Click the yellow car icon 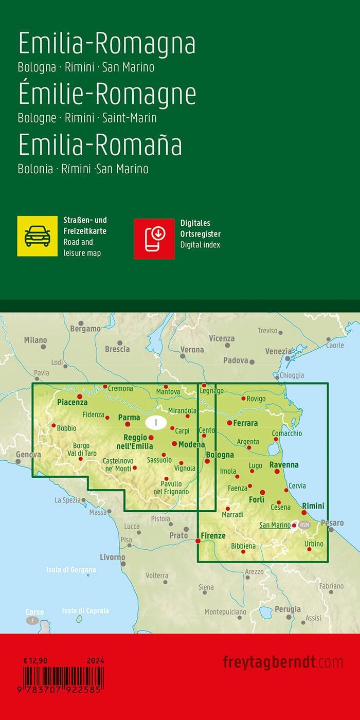37,236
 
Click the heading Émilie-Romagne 107,95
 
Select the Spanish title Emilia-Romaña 100,145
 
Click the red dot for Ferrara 229,423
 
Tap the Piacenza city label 73,403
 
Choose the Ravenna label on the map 284,464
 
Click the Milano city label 35,340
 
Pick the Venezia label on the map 278,351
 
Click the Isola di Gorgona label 71,570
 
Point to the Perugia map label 287,609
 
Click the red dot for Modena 174,443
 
